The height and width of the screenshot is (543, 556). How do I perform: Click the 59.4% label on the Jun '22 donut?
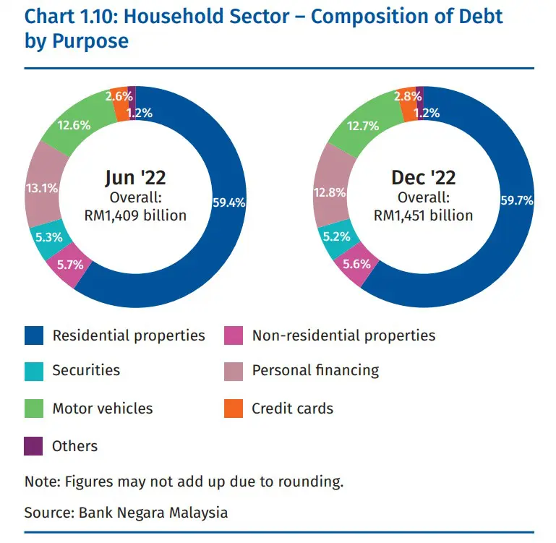coord(228,203)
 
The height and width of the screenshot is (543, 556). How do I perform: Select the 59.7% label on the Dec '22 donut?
coord(516,200)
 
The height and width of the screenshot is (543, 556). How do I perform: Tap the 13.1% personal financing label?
coord(41,189)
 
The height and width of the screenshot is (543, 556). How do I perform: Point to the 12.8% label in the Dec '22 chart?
coord(330,192)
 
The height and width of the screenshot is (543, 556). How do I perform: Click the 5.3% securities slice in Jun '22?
coord(46,236)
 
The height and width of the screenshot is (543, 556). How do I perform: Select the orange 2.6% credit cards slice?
coord(119,96)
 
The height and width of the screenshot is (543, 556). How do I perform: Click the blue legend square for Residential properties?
coord(34,335)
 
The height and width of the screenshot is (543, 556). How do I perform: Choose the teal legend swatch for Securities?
coord(34,371)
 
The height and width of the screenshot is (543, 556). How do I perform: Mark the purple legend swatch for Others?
coord(34,446)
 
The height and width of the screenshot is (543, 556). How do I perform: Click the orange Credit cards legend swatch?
coord(234,409)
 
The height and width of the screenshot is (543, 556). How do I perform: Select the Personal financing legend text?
coord(315,371)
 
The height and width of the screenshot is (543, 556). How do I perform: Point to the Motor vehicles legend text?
coord(103,409)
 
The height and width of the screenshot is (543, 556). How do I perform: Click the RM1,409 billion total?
coord(135,215)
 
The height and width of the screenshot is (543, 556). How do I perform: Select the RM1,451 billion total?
coord(423,215)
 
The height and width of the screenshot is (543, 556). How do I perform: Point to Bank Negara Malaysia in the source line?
coord(153,513)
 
